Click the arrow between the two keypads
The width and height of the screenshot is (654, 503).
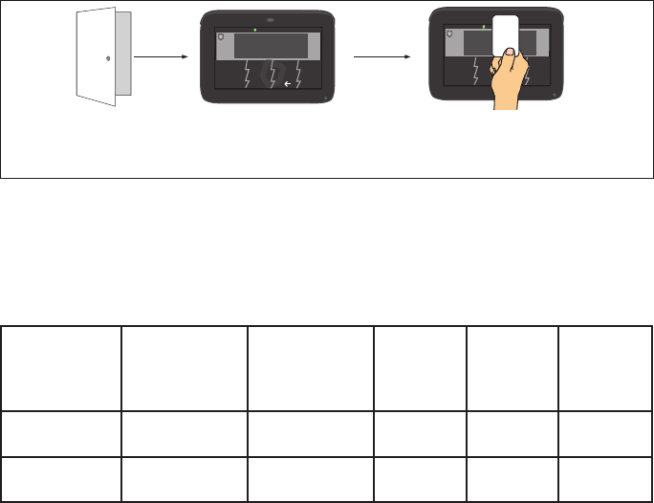(x=382, y=56)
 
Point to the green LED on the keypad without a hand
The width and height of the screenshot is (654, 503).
(x=269, y=29)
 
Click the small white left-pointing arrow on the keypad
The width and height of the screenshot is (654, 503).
(x=288, y=85)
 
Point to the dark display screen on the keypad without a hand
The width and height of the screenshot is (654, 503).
(x=272, y=46)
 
